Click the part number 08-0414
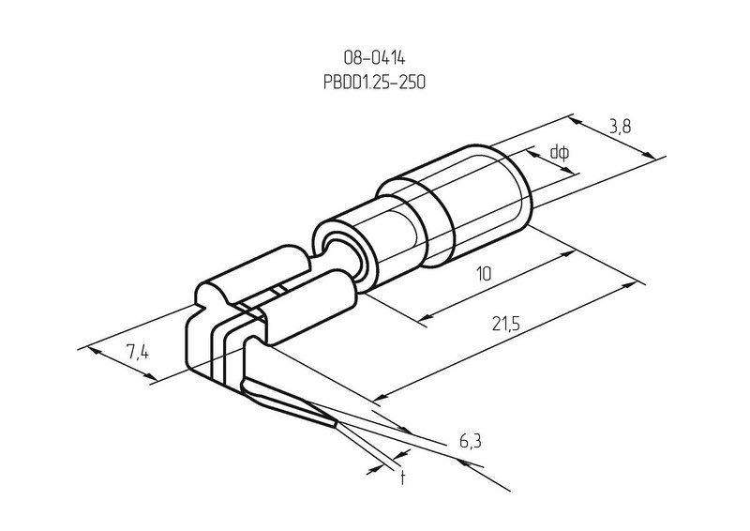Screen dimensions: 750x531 374,58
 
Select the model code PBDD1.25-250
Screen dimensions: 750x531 374,83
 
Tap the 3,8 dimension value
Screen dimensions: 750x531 620,127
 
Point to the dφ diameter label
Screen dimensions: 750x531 559,152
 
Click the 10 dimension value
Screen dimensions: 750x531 484,274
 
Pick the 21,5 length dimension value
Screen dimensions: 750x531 505,325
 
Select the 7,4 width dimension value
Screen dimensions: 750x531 138,353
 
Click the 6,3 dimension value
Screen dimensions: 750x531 471,442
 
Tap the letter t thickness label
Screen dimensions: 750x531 403,477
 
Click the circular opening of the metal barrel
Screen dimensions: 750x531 341,252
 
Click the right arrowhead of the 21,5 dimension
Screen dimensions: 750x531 629,286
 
